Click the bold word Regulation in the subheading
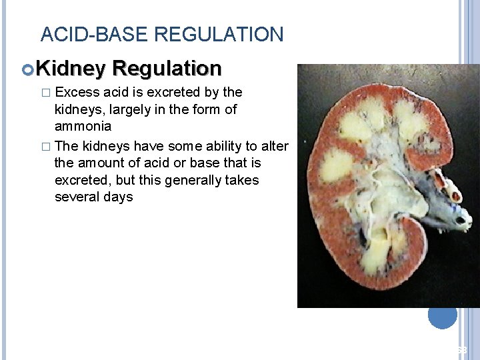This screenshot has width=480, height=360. click(167, 68)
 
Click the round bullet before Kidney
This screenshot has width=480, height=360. click(27, 69)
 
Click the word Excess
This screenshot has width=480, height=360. click(78, 92)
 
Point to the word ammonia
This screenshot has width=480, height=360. click(83, 127)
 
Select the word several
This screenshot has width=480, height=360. click(76, 197)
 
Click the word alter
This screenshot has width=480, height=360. click(274, 146)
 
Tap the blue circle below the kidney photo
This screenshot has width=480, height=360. click(442, 315)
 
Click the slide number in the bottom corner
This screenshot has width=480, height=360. click(462, 351)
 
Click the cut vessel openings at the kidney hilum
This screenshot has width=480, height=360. click(453, 193)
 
